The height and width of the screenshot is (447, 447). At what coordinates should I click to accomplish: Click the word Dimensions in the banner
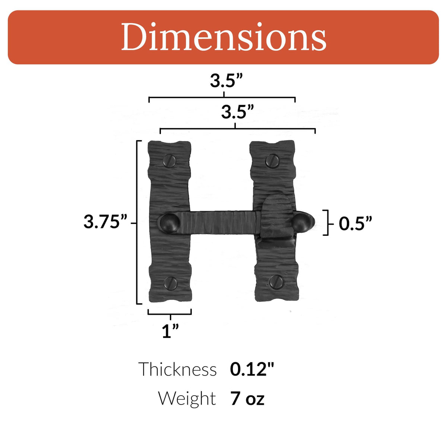223,37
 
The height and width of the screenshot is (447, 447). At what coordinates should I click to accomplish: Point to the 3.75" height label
105,222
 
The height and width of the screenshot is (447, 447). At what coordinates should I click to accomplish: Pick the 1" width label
170,331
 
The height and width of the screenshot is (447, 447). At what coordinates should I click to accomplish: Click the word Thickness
178,370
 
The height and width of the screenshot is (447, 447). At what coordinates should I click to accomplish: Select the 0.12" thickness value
252,369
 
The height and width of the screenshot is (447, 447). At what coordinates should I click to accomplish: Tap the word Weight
187,398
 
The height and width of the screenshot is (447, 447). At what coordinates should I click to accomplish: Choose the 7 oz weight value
247,399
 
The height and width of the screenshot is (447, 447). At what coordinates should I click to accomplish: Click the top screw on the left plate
169,161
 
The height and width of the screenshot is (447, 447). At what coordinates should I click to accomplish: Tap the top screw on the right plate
272,161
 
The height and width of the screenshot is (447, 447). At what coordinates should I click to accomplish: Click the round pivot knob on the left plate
170,222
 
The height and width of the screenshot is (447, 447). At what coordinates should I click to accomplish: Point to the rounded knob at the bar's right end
302,222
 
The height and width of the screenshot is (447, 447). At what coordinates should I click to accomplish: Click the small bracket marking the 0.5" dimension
327,223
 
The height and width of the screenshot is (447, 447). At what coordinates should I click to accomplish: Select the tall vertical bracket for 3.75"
137,222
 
